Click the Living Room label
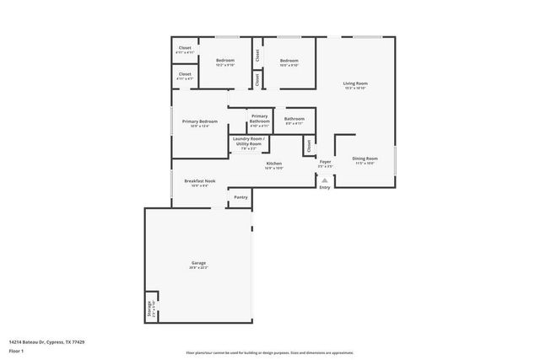click(x=355, y=83)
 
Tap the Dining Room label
click(x=364, y=158)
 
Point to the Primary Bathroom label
click(x=259, y=118)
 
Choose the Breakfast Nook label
click(x=200, y=181)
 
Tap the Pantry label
click(x=240, y=197)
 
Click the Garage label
click(x=198, y=264)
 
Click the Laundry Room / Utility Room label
click(x=248, y=141)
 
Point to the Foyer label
click(x=325, y=161)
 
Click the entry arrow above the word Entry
click(x=325, y=179)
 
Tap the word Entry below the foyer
click(x=325, y=187)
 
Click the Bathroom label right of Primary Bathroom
click(x=294, y=119)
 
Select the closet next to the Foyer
click(x=309, y=145)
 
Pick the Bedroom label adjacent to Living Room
click(x=289, y=61)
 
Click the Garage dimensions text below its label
click(x=198, y=269)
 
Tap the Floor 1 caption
click(x=16, y=350)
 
